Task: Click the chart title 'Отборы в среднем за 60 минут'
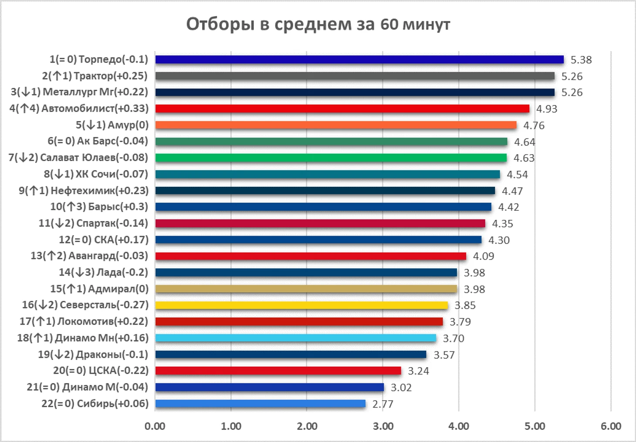pyautogui.click(x=318, y=24)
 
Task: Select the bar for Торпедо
pyautogui.click(x=359, y=60)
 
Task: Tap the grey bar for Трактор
pyautogui.click(x=355, y=76)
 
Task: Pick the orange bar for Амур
pyautogui.click(x=336, y=125)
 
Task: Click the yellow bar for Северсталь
pyautogui.click(x=301, y=305)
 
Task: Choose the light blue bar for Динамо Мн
pyautogui.click(x=296, y=338)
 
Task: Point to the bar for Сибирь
pyautogui.click(x=260, y=404)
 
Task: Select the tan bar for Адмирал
pyautogui.click(x=306, y=289)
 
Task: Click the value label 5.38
pyautogui.click(x=581, y=60)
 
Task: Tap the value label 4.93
pyautogui.click(x=547, y=109)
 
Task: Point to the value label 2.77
pyautogui.click(x=383, y=404)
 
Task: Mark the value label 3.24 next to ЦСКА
pyautogui.click(x=419, y=371)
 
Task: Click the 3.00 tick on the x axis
pyautogui.click(x=383, y=426)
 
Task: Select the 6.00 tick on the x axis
pyautogui.click(x=611, y=426)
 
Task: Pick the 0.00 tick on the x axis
pyautogui.click(x=155, y=426)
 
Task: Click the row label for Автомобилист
pyautogui.click(x=79, y=108)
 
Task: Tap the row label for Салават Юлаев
pyautogui.click(x=78, y=158)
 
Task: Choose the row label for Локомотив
pyautogui.click(x=84, y=321)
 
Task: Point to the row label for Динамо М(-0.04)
pyautogui.click(x=88, y=387)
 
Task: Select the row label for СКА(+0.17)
pyautogui.click(x=104, y=240)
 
